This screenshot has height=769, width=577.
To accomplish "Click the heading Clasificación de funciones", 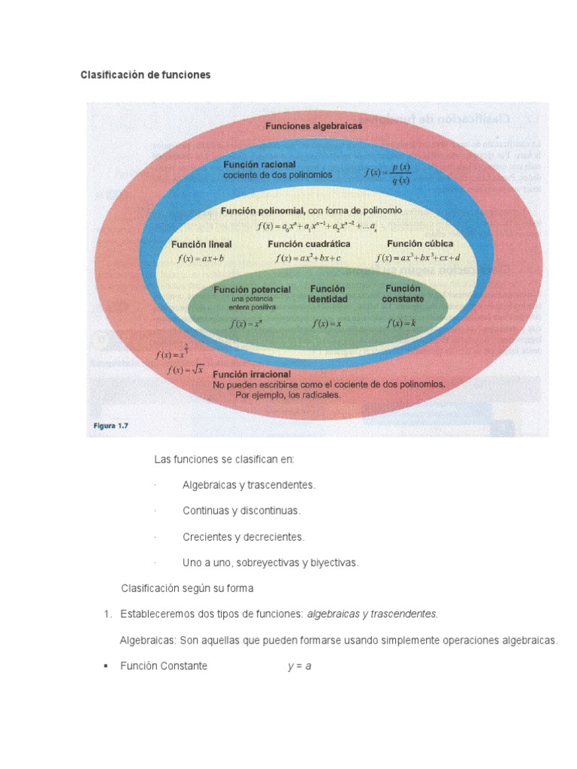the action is point(146,75).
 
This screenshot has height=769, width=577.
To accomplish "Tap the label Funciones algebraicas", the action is point(313,125).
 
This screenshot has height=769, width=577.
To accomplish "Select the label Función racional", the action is point(259,164).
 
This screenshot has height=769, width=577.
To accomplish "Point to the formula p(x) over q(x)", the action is point(388,173).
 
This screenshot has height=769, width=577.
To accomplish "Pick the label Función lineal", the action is point(201,244).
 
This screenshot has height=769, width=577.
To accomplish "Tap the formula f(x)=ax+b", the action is point(201,258).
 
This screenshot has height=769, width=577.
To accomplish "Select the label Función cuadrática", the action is point(309,244).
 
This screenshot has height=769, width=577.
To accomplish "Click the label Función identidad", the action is point(328,294).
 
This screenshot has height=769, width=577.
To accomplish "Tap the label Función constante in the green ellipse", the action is point(403,293).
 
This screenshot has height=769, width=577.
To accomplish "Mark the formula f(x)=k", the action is point(401,324).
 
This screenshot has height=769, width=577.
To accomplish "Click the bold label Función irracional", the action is point(252,374).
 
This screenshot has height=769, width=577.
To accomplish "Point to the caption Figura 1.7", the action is point(111,426).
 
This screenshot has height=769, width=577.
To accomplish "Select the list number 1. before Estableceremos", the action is point(107,614).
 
